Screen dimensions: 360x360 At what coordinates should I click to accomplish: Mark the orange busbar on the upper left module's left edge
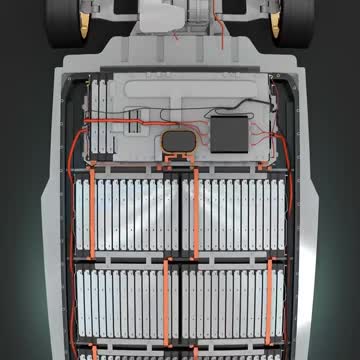(92, 214)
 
